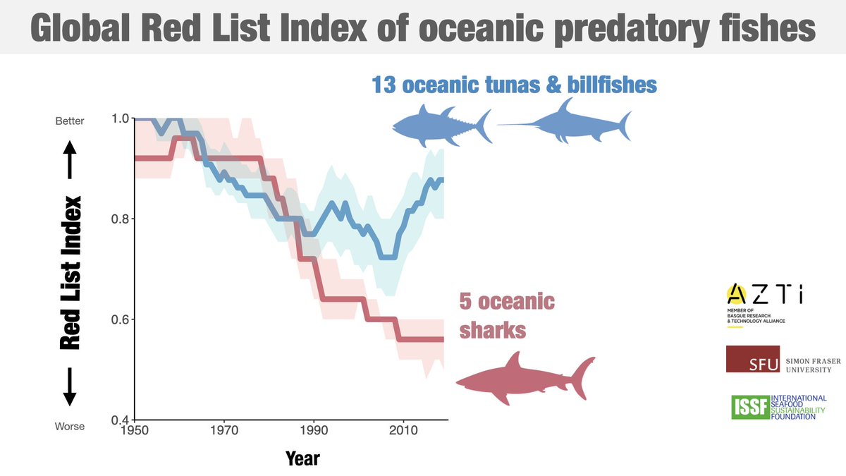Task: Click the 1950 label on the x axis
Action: [x=134, y=429]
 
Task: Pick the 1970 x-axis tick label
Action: [x=223, y=429]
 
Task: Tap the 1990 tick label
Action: [x=313, y=429]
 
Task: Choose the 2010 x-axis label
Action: [x=403, y=429]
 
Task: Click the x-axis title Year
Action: [x=302, y=459]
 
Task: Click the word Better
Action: [x=69, y=121]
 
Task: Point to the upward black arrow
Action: [x=70, y=159]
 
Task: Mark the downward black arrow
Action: [x=70, y=387]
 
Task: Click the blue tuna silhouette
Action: [x=441, y=125]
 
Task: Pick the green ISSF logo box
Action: [x=750, y=407]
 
